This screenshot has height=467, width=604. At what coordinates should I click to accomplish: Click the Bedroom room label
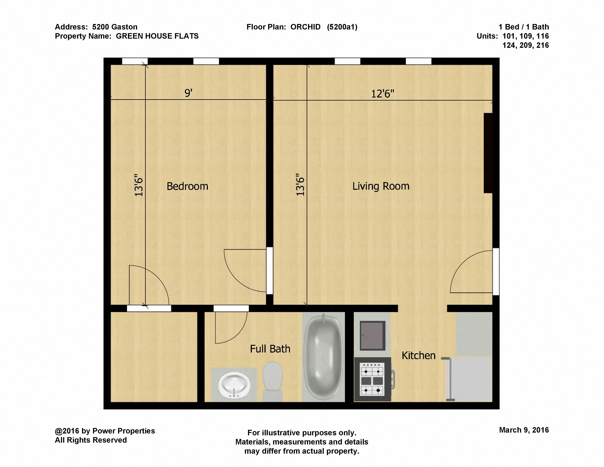pyautogui.click(x=187, y=186)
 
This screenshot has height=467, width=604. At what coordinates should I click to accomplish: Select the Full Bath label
pyautogui.click(x=270, y=349)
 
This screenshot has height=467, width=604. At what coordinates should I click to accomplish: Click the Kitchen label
pyautogui.click(x=418, y=355)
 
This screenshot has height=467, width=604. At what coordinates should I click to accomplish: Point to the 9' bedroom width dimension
pyautogui.click(x=188, y=93)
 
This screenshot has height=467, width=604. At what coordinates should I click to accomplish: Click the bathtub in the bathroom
pyautogui.click(x=323, y=357)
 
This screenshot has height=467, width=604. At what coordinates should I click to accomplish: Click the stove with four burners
pyautogui.click(x=372, y=379)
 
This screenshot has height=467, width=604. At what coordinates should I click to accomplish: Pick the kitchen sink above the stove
pyautogui.click(x=372, y=336)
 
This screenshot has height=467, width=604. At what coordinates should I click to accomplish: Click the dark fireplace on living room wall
pyautogui.click(x=488, y=153)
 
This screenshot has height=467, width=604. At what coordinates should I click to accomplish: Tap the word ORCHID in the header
pyautogui.click(x=305, y=27)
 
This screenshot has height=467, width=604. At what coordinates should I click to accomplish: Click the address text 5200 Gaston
pyautogui.click(x=115, y=27)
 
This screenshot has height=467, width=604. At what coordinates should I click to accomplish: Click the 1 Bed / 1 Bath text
pyautogui.click(x=523, y=27)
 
